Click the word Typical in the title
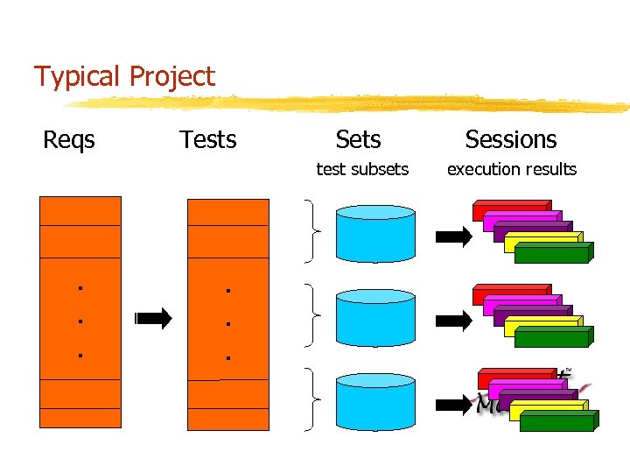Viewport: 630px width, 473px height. click(x=77, y=77)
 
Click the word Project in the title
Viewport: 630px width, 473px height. click(x=171, y=77)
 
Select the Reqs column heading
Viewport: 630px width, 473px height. click(x=69, y=140)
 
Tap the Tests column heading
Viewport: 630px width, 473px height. click(x=207, y=140)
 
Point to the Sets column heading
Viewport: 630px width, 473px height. click(x=358, y=140)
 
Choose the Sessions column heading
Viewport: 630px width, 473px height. click(x=511, y=140)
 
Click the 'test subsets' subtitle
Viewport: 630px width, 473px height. click(x=361, y=169)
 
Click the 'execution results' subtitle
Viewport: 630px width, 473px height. click(x=512, y=169)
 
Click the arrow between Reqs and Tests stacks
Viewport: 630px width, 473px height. click(x=155, y=320)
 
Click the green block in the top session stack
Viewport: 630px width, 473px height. click(x=551, y=256)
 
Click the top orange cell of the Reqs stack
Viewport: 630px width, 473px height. click(x=80, y=210)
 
